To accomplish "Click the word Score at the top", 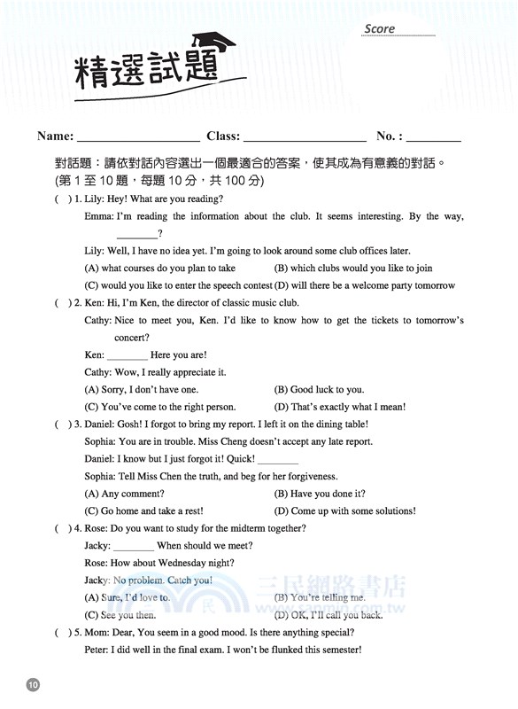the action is (379, 28).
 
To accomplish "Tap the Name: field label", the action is (55, 136).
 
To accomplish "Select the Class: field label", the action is (222, 136).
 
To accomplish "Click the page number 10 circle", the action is (33, 684).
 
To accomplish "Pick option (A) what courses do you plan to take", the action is (159, 268).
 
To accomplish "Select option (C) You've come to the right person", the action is (159, 407).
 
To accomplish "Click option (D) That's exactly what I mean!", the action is (340, 407).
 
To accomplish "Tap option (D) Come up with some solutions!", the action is (344, 510).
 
